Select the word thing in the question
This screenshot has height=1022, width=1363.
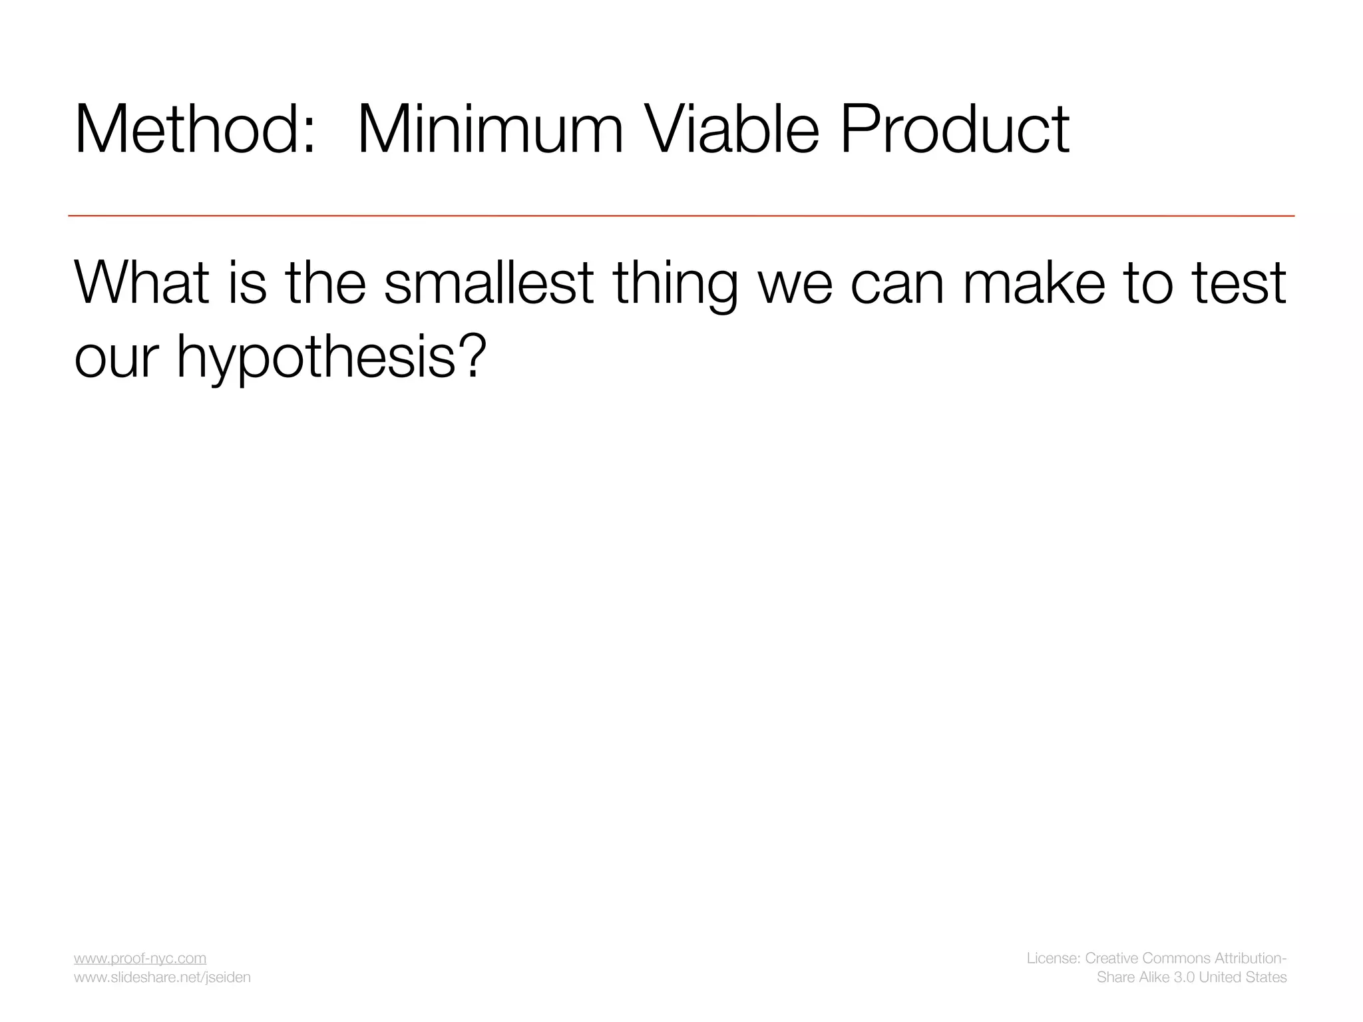tap(675, 286)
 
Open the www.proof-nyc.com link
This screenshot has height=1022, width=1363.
tap(140, 958)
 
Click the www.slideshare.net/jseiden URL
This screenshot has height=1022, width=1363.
tap(162, 977)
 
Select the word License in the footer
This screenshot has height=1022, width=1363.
tap(1052, 958)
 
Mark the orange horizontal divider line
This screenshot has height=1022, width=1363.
tap(681, 216)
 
